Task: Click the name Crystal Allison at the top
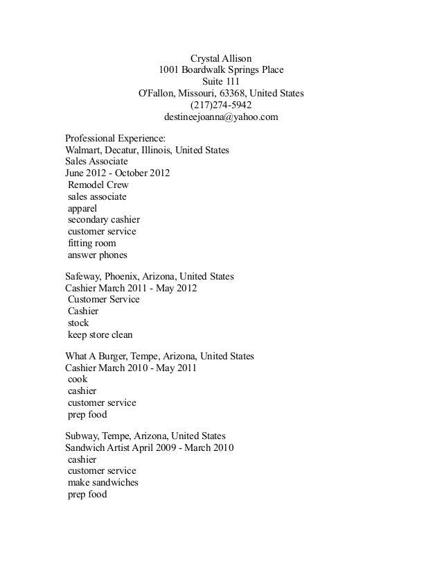click(221, 58)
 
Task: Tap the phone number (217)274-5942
click(221, 105)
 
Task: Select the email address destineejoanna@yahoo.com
click(221, 117)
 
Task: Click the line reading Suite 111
click(221, 81)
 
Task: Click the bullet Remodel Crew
click(98, 185)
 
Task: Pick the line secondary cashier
click(103, 220)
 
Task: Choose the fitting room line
click(91, 243)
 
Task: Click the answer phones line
click(97, 255)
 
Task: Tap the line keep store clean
click(100, 334)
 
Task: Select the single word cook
click(77, 379)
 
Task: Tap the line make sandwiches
click(103, 482)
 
